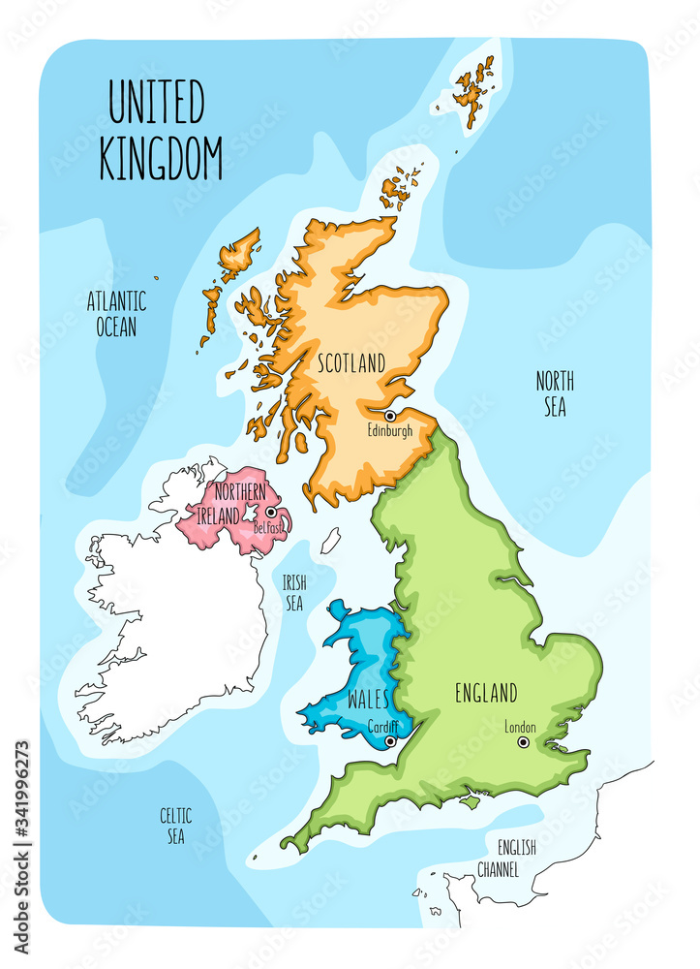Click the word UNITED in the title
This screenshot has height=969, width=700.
(x=156, y=104)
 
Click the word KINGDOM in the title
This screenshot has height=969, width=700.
(x=161, y=158)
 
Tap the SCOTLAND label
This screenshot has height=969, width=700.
(x=351, y=363)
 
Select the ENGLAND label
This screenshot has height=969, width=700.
(x=486, y=693)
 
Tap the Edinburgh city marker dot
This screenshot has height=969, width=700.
(x=390, y=416)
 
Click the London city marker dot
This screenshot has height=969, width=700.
(x=523, y=742)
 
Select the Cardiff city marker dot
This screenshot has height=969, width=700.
(x=389, y=741)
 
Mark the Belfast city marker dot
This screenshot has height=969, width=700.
(x=271, y=513)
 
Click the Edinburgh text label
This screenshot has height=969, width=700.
(x=390, y=431)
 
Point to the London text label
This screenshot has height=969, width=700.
(x=521, y=727)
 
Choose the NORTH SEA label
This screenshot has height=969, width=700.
(x=555, y=393)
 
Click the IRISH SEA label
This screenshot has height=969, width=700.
(x=293, y=592)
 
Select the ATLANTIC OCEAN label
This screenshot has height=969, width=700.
(x=116, y=312)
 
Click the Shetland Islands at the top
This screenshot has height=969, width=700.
(x=473, y=87)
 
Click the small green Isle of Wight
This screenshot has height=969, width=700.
(x=472, y=801)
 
